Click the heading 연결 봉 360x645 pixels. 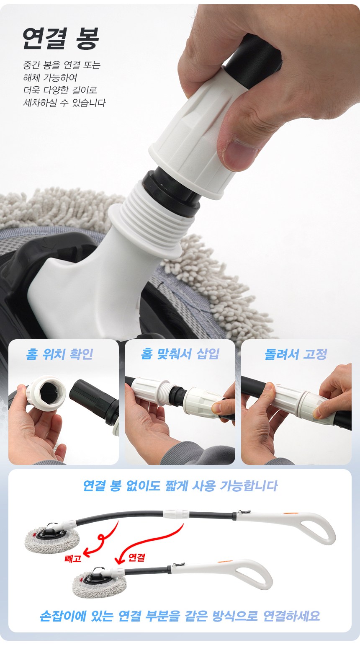(x=61, y=38)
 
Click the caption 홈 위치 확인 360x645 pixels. (x=59, y=354)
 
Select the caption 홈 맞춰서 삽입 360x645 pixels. (x=180, y=354)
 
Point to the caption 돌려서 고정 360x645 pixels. (x=296, y=354)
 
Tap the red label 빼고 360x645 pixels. (x=73, y=559)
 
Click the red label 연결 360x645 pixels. (x=136, y=557)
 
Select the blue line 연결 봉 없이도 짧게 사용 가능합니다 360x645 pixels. (x=180, y=486)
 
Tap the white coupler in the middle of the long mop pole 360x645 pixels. (x=176, y=513)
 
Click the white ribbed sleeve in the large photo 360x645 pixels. (x=191, y=135)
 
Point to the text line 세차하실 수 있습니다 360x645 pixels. (x=64, y=103)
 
